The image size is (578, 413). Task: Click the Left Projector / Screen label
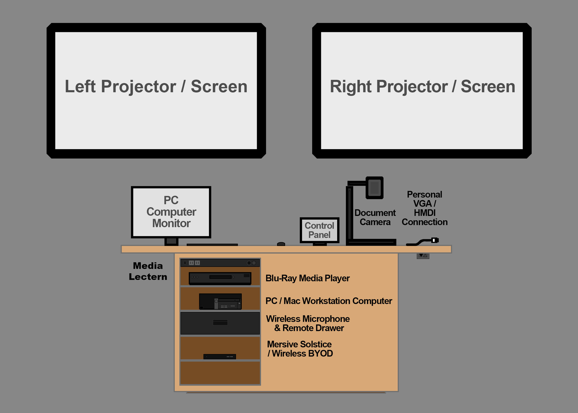(x=156, y=87)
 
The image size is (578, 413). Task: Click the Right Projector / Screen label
(x=422, y=87)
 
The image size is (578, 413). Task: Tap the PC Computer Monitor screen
(x=171, y=212)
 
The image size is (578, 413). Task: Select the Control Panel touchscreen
(x=319, y=230)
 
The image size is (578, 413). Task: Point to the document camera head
(x=374, y=188)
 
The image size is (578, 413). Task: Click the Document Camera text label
(x=375, y=217)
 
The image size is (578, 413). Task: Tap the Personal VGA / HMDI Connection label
(x=424, y=208)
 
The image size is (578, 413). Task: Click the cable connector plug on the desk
(x=435, y=240)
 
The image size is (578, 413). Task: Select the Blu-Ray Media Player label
(x=307, y=278)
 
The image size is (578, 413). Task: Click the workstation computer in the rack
(x=220, y=301)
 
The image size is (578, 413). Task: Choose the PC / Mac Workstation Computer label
(x=329, y=301)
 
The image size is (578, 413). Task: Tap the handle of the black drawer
(x=220, y=323)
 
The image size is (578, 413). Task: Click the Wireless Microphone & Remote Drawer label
(x=308, y=324)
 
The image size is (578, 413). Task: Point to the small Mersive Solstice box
(x=220, y=357)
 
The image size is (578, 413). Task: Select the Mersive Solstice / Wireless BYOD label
(x=300, y=349)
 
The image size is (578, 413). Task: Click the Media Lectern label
(x=148, y=271)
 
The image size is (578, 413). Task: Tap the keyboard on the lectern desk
(x=212, y=245)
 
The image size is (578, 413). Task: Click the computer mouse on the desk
(x=281, y=244)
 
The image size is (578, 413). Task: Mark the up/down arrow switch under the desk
(x=423, y=256)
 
